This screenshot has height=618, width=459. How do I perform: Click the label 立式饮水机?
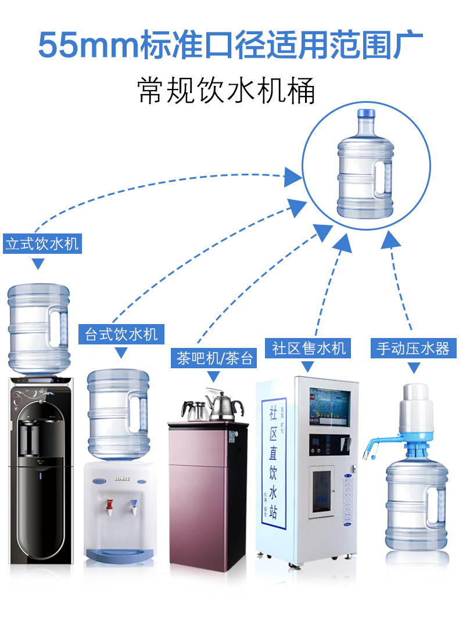42,243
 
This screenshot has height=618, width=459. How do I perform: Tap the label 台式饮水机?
121,334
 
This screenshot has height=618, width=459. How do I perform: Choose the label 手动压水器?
413,349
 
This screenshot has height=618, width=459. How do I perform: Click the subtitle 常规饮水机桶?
227,92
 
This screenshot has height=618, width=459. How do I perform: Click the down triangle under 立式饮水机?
38,264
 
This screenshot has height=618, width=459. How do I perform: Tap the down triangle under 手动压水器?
413,368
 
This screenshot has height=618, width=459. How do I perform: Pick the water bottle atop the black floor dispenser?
39,328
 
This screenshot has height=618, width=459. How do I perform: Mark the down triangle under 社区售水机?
308,367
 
